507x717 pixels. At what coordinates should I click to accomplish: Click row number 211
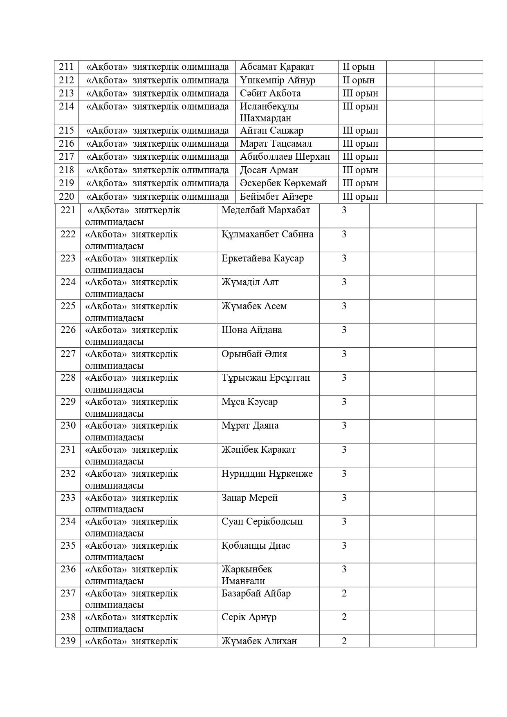point(66,67)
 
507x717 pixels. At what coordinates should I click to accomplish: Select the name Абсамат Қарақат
point(277,67)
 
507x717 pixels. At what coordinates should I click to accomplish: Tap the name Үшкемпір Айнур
point(277,80)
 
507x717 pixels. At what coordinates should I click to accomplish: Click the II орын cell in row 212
point(358,80)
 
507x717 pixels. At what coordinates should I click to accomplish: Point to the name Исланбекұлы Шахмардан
point(269,112)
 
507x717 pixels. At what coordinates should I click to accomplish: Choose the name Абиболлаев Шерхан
point(285,157)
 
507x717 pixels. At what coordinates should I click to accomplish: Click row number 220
point(66,197)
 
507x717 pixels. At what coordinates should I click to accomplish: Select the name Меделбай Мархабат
point(266,210)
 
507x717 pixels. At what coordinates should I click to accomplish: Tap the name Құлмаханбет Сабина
point(267,235)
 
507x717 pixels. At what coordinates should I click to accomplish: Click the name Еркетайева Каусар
point(262,259)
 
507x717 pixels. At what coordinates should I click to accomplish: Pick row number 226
point(68,330)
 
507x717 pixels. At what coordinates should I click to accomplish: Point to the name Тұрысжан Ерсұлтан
point(266,378)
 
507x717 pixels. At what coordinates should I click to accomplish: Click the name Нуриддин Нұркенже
point(267,474)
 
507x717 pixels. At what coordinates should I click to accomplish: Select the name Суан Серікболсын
point(262,522)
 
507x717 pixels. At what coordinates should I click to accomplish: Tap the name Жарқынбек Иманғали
point(247,575)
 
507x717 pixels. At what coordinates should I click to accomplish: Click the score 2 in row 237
point(344,593)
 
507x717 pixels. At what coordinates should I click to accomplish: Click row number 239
point(68,641)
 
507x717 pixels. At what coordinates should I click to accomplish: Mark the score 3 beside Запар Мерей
point(344,498)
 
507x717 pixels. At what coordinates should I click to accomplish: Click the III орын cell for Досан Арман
point(360,170)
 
